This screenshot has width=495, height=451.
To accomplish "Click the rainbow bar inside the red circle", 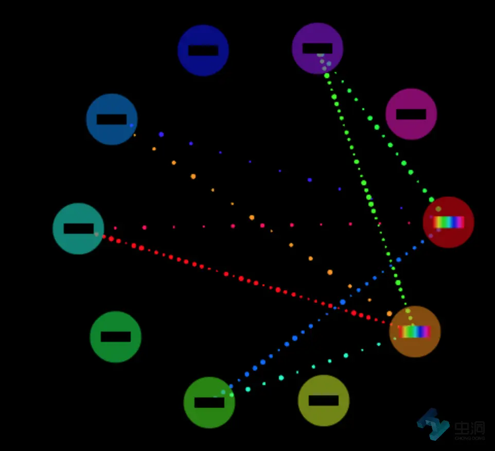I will pos(449,222).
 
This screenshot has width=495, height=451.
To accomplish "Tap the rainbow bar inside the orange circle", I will pos(414,332).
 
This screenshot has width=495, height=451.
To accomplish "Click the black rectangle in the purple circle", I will pos(317,48).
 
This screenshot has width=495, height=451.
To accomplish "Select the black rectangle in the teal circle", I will pos(79,229).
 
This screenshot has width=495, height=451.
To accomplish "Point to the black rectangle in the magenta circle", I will pos(411,114).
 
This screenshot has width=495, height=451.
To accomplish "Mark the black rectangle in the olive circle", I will pos(324,401).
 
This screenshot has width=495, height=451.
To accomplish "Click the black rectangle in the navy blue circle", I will pos(203,50).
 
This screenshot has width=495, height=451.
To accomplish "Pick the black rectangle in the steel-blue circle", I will pos(112,119).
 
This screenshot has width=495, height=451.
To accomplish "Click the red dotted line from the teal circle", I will pos(241,278).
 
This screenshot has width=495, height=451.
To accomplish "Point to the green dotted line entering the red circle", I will pos(390,145).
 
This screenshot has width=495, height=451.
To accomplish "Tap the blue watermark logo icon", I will pos(433,424).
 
